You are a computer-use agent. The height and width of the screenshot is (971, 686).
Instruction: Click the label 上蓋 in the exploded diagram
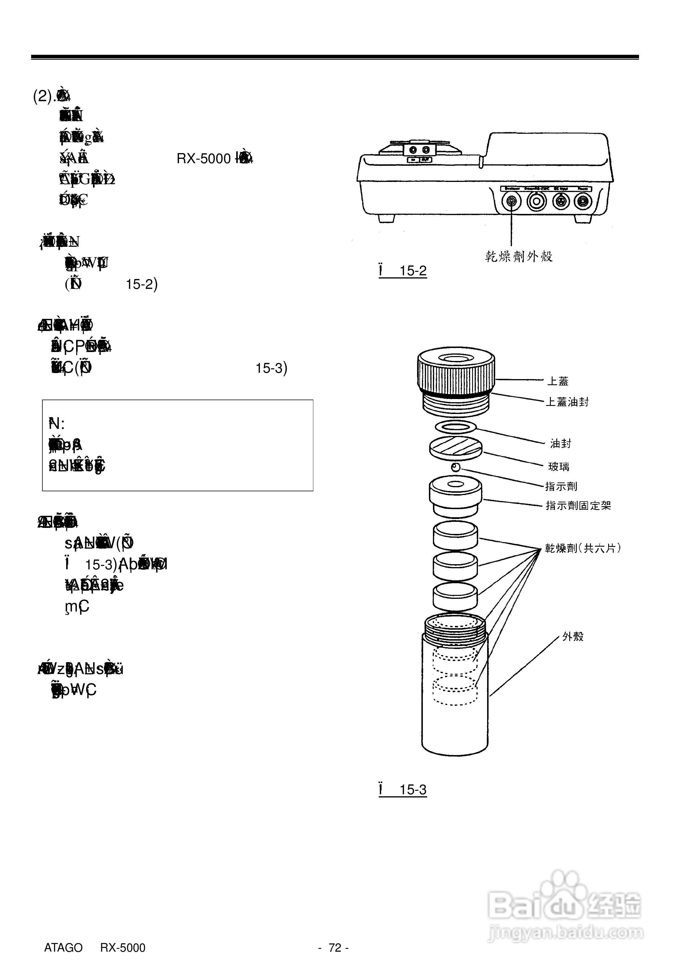[557, 381]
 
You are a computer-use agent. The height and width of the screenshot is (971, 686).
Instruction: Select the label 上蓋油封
[567, 402]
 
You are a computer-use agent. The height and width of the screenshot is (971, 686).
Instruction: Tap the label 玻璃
[559, 466]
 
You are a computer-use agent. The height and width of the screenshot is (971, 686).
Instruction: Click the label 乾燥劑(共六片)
[583, 549]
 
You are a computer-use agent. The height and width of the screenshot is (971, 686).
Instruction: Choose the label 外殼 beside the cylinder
[573, 637]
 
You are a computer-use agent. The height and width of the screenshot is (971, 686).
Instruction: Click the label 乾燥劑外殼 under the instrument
[519, 256]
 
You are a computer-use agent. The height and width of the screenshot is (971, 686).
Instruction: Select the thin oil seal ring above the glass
[455, 427]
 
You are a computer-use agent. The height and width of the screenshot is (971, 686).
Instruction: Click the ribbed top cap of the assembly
[455, 370]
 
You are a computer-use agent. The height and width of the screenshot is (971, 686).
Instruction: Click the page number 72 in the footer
[335, 948]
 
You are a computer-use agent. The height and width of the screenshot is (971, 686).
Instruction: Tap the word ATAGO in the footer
[63, 948]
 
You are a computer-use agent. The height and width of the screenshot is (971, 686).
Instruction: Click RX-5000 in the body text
[203, 159]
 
